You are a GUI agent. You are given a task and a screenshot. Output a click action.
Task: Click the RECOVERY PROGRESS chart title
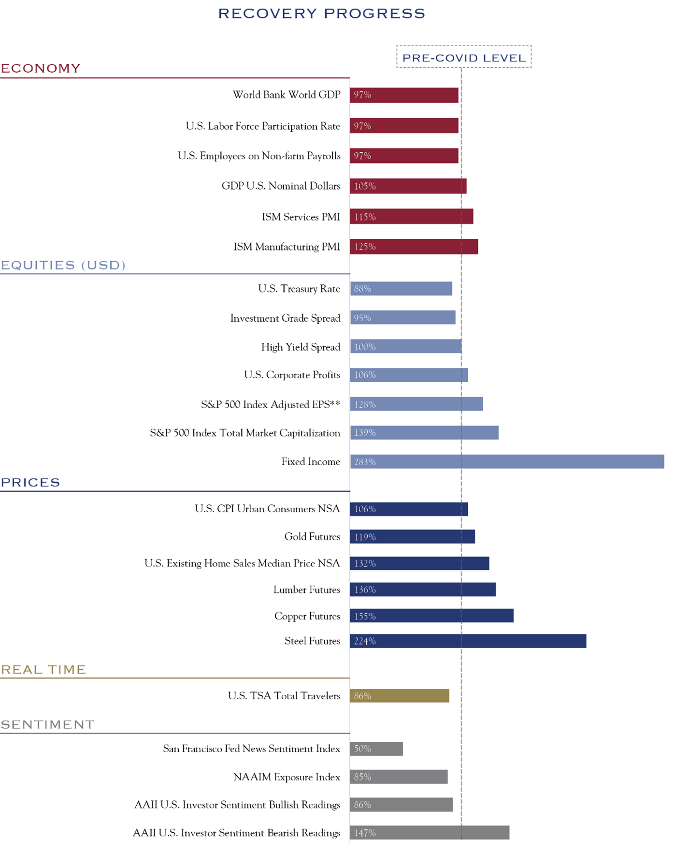click(321, 14)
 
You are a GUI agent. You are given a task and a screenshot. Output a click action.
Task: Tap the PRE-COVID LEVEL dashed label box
click(463, 57)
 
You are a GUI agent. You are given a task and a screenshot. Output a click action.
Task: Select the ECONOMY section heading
click(41, 69)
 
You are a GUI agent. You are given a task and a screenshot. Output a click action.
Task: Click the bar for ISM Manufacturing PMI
click(414, 247)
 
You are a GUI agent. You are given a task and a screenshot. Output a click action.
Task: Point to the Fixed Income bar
click(507, 462)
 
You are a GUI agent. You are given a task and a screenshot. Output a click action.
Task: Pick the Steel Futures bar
click(468, 641)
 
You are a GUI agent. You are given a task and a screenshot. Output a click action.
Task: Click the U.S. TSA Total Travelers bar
click(399, 696)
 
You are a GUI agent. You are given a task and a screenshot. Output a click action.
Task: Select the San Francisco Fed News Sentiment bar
click(376, 749)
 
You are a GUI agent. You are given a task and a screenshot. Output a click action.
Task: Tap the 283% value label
click(365, 462)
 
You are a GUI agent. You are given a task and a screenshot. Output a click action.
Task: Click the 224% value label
click(365, 641)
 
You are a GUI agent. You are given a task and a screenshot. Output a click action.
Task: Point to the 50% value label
click(362, 749)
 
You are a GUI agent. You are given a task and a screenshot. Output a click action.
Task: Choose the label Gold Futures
click(312, 537)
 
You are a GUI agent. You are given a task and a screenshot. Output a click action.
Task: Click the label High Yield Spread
click(301, 347)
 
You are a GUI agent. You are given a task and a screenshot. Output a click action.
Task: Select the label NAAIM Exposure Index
click(287, 777)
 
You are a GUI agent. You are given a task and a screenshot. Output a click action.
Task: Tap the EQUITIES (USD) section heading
click(63, 265)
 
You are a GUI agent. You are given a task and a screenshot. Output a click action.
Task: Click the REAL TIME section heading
click(43, 670)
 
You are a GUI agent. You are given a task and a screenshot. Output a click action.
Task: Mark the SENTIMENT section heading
click(47, 724)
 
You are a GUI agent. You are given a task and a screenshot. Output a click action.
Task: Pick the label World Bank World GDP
click(287, 95)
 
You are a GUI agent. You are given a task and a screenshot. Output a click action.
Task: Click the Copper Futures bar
click(431, 616)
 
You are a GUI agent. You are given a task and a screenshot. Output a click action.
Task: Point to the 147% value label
click(365, 833)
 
